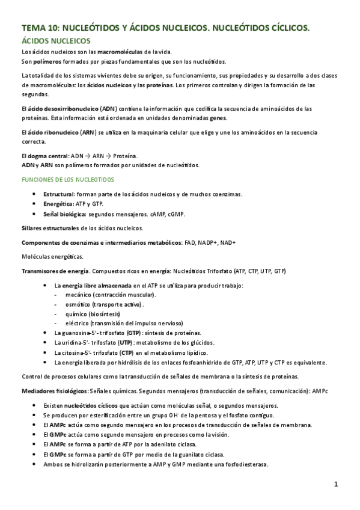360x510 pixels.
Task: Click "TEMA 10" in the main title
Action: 40,28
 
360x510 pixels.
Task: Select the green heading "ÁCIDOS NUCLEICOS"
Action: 56,41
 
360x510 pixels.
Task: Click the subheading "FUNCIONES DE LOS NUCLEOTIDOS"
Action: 67,180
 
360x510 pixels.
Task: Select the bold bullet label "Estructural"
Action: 58,194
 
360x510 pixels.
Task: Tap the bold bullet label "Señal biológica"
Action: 64,214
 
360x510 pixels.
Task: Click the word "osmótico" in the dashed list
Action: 80,304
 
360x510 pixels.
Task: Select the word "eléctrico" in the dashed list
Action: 80,323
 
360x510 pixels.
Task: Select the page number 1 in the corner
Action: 337,484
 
